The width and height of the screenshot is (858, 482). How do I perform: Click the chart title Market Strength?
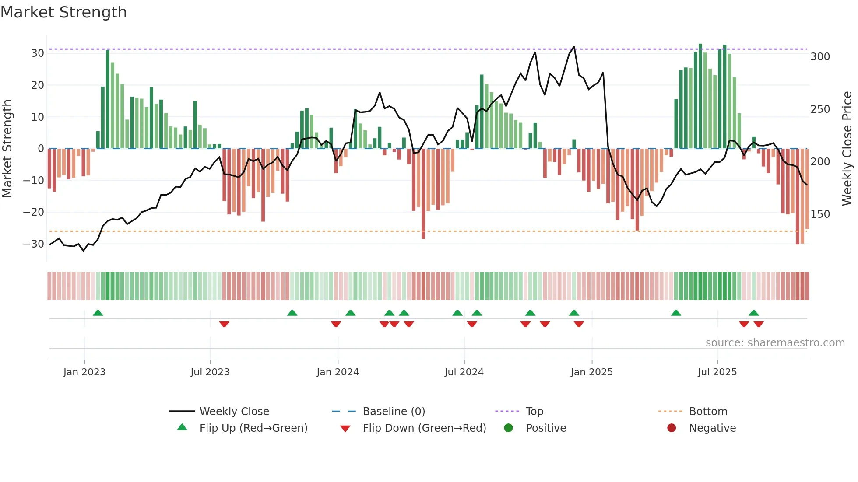(63, 12)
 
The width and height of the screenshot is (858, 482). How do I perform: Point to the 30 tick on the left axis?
(38, 53)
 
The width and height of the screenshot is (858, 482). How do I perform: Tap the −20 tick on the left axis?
(34, 212)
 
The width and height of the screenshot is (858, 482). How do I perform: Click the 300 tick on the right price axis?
(820, 57)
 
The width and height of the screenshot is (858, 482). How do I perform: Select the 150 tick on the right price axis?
(820, 214)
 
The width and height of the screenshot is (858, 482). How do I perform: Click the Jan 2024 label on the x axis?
(338, 372)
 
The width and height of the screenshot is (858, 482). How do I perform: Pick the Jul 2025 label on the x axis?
(717, 372)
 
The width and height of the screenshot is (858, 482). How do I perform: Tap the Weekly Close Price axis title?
(847, 149)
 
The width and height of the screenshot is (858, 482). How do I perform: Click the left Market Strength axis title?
(7, 149)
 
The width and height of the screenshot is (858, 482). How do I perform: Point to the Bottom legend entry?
(708, 412)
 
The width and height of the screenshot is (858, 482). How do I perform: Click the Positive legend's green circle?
(508, 428)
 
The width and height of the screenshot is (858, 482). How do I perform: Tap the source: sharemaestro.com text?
(775, 343)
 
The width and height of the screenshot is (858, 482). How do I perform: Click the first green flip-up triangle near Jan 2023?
(98, 313)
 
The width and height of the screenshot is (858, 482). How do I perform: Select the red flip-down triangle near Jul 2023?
(224, 324)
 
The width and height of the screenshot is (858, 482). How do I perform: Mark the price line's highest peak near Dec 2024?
(574, 47)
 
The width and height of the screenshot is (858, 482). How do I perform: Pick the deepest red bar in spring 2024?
(423, 193)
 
